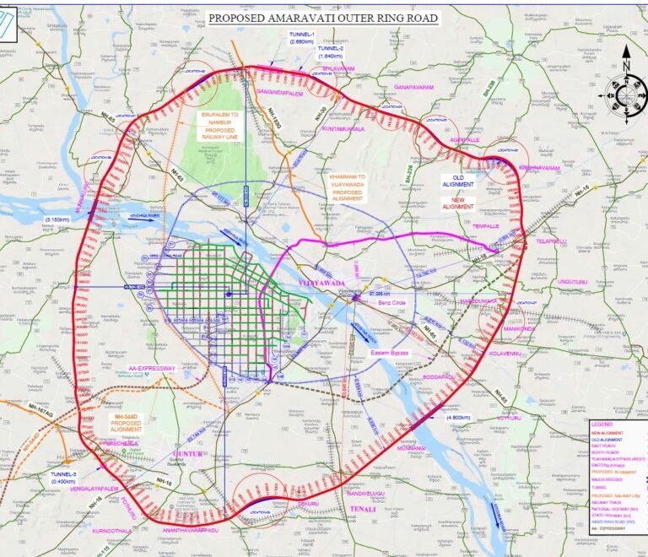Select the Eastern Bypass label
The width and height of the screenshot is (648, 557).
pyautogui.click(x=391, y=353)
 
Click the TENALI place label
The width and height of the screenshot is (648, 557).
pyautogui.click(x=363, y=510)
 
